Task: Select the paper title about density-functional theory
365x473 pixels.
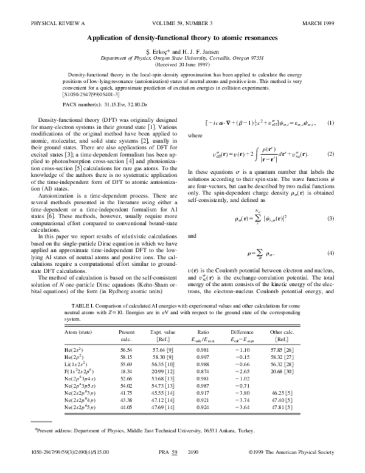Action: [182, 38]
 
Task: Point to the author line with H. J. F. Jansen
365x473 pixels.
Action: [182, 53]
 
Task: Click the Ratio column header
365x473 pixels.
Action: [226, 332]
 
